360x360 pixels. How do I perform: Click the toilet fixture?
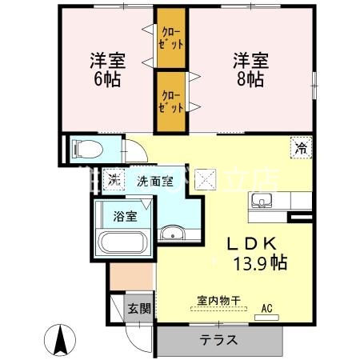pyautogui.click(x=84, y=148)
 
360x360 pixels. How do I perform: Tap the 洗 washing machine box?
pyautogui.click(x=114, y=180)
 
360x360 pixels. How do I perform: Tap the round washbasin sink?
pyautogui.click(x=172, y=234)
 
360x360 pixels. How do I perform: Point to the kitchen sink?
pyautogui.click(x=262, y=199)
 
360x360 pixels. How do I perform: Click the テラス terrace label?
pyautogui.click(x=218, y=339)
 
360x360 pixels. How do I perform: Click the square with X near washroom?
pyautogui.click(x=206, y=178)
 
